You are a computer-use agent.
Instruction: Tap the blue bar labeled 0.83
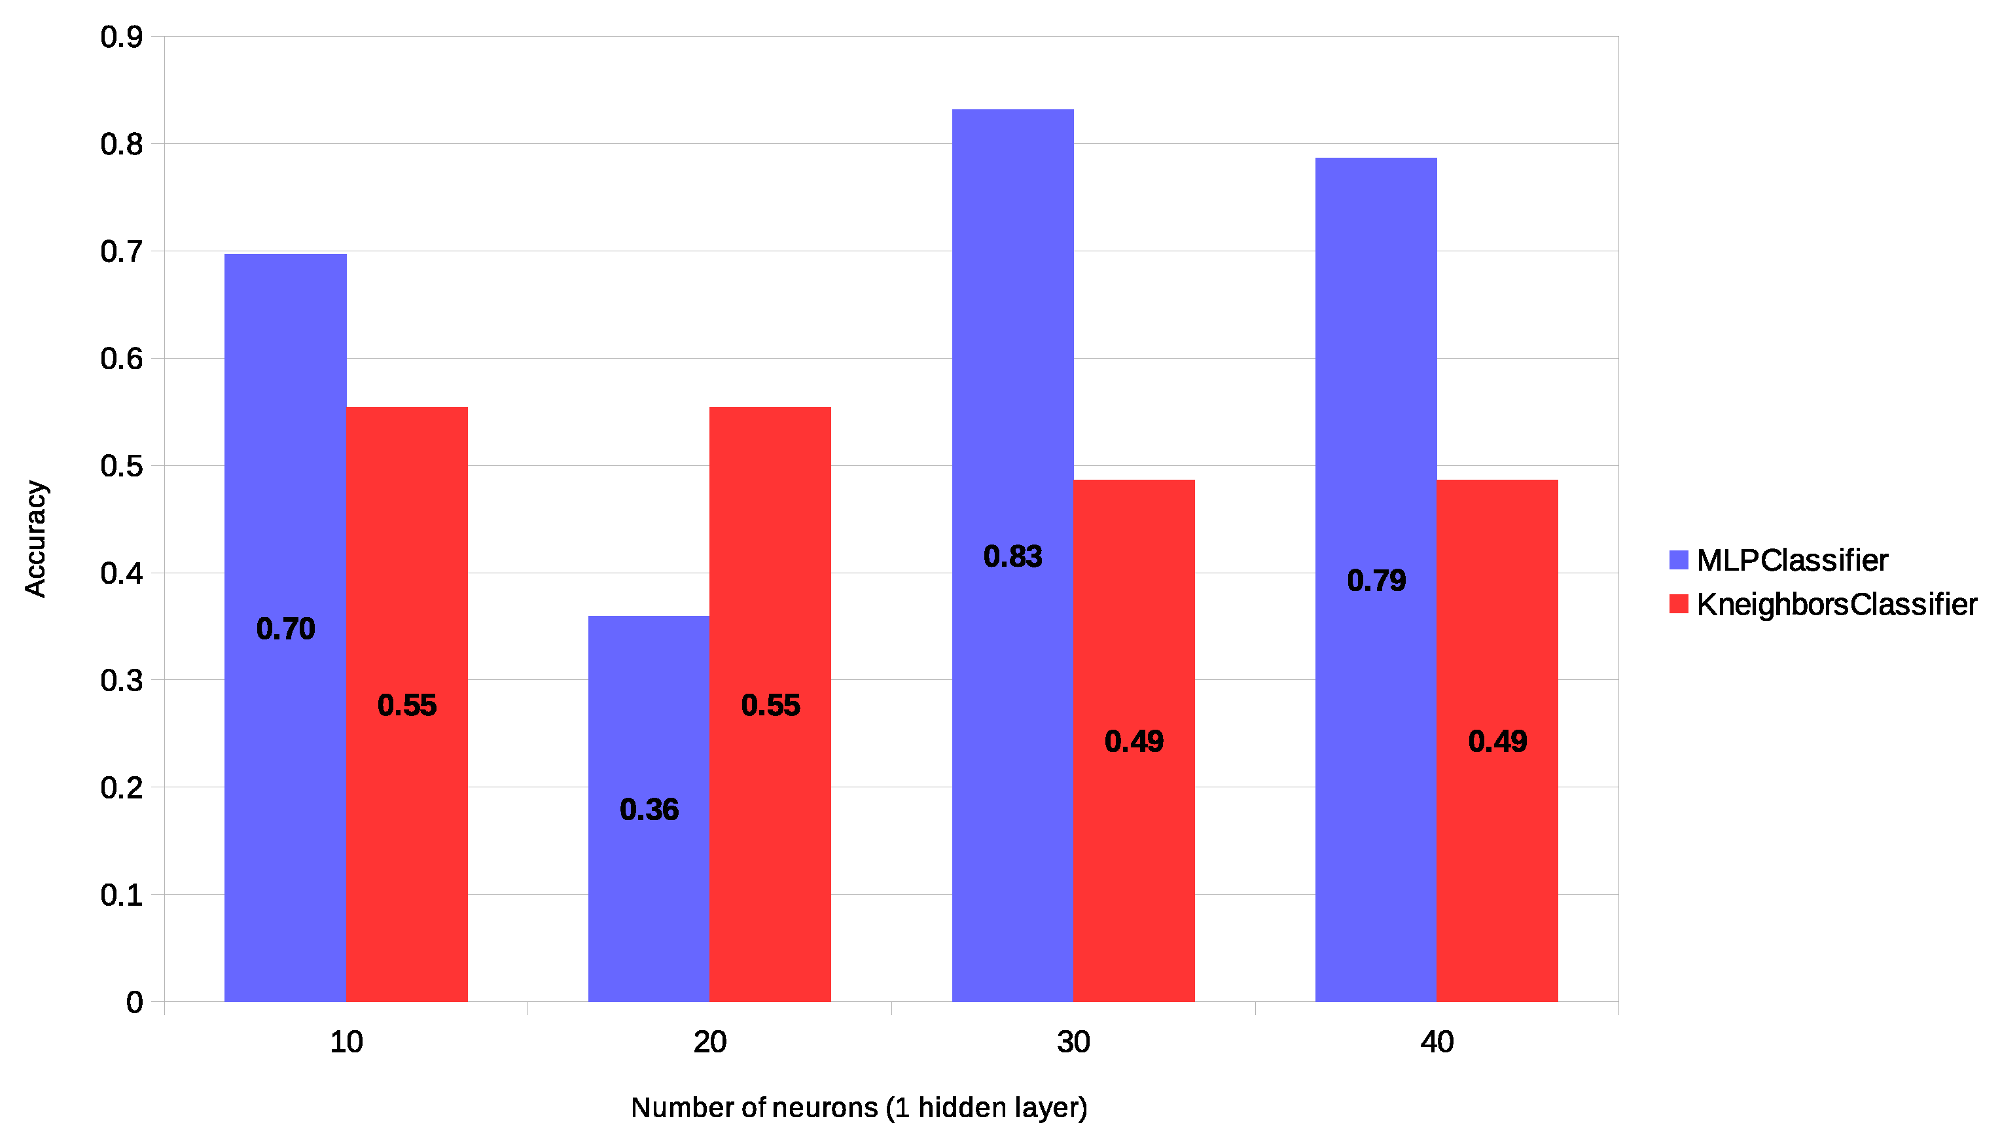(1012, 393)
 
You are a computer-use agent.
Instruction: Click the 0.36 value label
(649, 810)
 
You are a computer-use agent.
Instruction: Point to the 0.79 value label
(1376, 581)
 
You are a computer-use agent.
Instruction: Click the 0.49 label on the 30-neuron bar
(1134, 742)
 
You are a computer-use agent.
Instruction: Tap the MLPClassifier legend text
(1792, 560)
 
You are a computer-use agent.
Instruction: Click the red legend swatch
(1679, 604)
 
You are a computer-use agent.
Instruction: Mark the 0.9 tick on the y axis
(122, 37)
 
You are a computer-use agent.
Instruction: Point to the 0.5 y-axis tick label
(122, 466)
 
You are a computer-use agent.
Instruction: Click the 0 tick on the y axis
(134, 1003)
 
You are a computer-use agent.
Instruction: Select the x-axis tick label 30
(1073, 1043)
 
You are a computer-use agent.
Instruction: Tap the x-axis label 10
(346, 1043)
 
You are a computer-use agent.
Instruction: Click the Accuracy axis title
(35, 539)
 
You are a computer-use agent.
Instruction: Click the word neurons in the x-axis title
(825, 1108)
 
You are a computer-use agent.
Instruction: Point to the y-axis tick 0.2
(122, 788)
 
